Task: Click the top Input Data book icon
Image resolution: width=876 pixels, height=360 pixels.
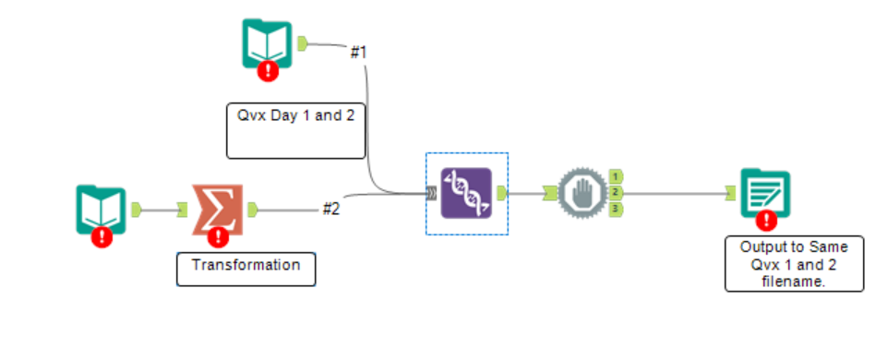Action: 267,43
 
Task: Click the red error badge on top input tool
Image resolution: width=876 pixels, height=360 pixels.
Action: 269,70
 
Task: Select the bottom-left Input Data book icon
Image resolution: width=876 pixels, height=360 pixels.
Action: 101,209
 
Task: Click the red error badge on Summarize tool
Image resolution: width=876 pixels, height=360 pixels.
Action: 219,236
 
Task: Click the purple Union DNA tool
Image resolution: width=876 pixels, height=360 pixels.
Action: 466,193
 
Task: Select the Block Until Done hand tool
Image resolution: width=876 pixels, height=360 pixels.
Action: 582,193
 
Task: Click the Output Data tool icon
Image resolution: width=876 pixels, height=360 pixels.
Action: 764,192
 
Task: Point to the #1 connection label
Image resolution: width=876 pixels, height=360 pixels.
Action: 358,52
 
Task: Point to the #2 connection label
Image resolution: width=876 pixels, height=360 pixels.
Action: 331,210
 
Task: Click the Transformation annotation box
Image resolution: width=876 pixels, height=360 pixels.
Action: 246,265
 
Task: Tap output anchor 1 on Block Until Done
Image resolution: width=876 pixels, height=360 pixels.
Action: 615,175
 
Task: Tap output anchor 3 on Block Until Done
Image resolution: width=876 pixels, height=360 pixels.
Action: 615,210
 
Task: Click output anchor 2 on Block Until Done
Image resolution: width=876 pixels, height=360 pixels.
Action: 615,192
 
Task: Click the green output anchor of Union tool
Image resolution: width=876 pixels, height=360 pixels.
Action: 503,193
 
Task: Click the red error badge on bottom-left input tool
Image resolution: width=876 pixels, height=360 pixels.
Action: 102,236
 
